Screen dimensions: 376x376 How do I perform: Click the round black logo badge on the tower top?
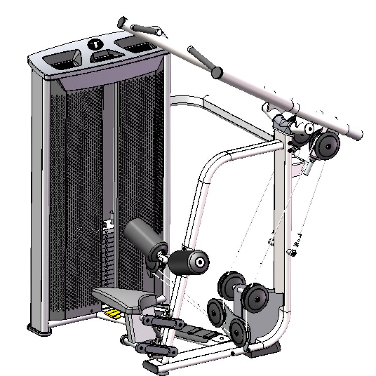(x=97, y=43)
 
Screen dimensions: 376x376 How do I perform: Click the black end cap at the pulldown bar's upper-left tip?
(x=122, y=22)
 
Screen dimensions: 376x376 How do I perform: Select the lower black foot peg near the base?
(x=155, y=348)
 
